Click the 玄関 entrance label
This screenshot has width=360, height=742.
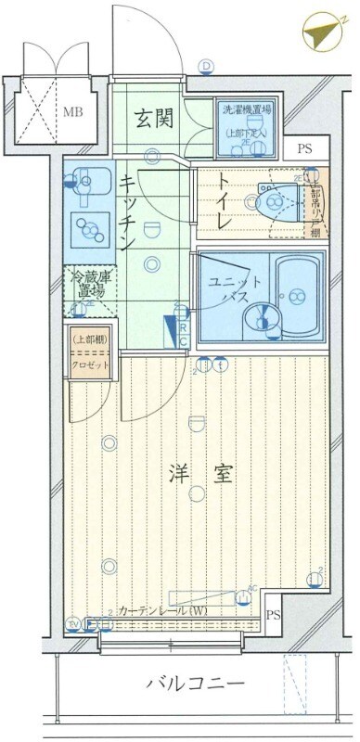tap(153, 118)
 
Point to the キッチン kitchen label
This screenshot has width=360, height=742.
tap(126, 211)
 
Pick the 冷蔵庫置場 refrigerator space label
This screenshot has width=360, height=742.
tap(86, 286)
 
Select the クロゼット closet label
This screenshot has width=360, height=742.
tap(89, 364)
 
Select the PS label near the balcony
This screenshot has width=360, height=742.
tap(273, 616)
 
